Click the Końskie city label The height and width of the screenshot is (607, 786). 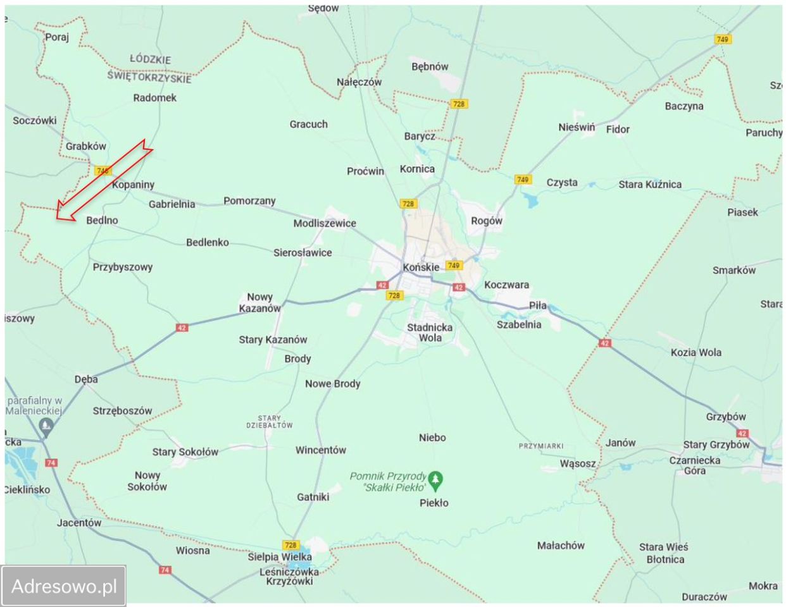pyautogui.click(x=421, y=267)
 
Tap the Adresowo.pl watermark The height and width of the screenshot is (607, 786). pyautogui.click(x=64, y=586)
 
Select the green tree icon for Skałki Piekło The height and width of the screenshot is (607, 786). pyautogui.click(x=435, y=481)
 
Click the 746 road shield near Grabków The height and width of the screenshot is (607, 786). pyautogui.click(x=102, y=171)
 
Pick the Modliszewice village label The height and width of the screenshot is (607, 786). pyautogui.click(x=325, y=223)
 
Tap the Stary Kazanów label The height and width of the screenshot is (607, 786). pyautogui.click(x=273, y=340)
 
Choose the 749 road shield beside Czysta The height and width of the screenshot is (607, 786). pyautogui.click(x=523, y=180)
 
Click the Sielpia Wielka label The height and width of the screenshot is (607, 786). pyautogui.click(x=280, y=557)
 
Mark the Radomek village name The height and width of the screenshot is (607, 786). pyautogui.click(x=155, y=98)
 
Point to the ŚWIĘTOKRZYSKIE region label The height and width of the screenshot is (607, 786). pyautogui.click(x=149, y=77)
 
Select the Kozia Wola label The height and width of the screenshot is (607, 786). pyautogui.click(x=696, y=352)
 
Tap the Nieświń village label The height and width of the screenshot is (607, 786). pyautogui.click(x=577, y=128)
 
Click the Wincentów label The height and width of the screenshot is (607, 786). pyautogui.click(x=321, y=450)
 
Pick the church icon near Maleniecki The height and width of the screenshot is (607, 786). pyautogui.click(x=46, y=428)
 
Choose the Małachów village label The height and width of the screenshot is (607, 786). pyautogui.click(x=561, y=545)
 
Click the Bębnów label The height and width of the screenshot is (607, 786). pyautogui.click(x=430, y=66)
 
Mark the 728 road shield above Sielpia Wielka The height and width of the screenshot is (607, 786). pyautogui.click(x=290, y=545)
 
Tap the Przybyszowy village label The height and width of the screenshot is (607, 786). pyautogui.click(x=123, y=267)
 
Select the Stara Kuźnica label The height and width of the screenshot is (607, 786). pyautogui.click(x=650, y=185)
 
